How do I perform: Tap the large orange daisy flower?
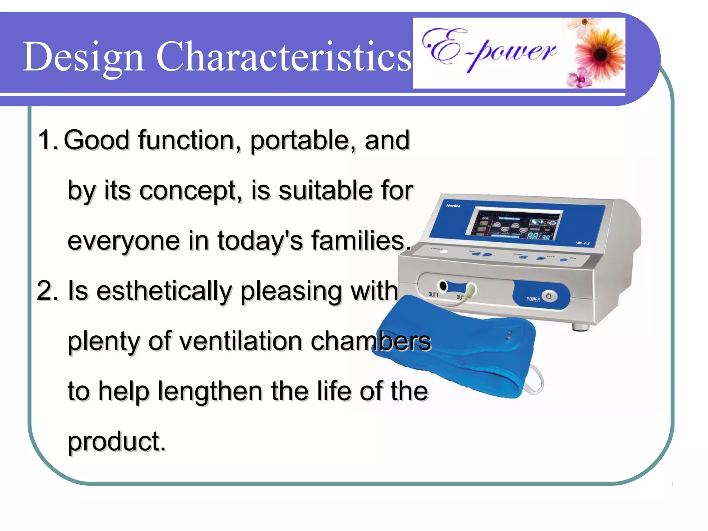(601, 54)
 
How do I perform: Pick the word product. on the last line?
(117, 442)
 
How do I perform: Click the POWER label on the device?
(533, 299)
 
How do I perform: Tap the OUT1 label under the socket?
(433, 295)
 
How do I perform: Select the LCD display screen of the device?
(514, 225)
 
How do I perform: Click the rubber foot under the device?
(580, 327)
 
